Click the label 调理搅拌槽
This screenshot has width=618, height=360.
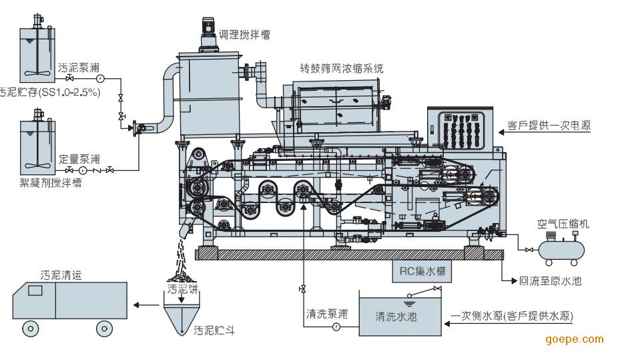click(x=246, y=34)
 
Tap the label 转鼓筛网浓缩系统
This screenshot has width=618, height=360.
click(x=342, y=68)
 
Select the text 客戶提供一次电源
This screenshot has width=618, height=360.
click(x=549, y=125)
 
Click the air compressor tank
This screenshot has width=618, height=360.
click(x=561, y=249)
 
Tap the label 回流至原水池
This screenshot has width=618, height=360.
click(x=550, y=281)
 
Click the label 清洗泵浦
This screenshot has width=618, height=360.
click(x=326, y=313)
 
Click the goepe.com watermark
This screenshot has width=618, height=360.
click(x=575, y=339)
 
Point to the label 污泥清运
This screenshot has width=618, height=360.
click(x=61, y=275)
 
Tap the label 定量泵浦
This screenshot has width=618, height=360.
click(x=79, y=159)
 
